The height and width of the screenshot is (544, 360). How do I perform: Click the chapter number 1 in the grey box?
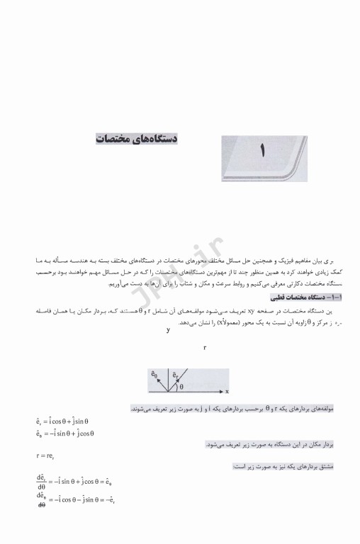(x=261, y=149)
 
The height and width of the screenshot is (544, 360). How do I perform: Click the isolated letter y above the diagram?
(x=168, y=330)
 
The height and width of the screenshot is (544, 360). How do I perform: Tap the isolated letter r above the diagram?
(x=204, y=348)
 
